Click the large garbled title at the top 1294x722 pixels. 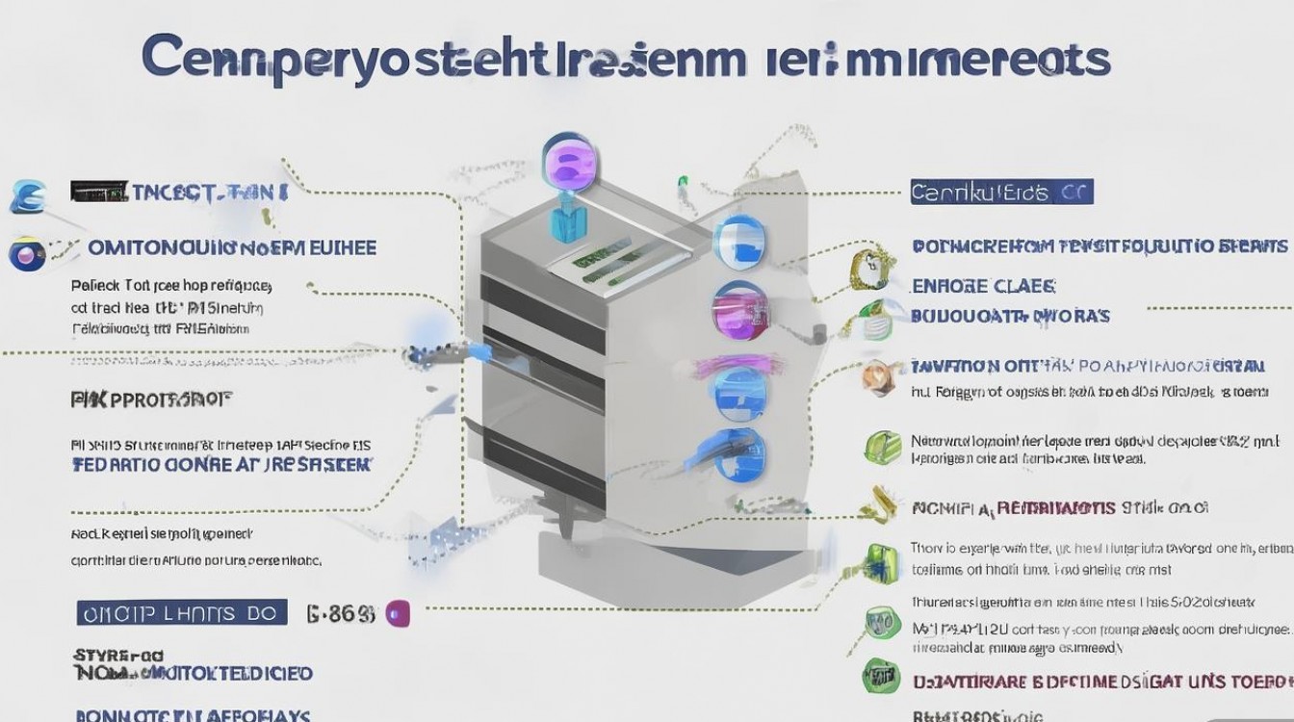tap(626, 58)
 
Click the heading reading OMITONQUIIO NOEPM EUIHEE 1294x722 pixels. tap(232, 247)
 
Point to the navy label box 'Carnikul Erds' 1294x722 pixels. tap(1001, 192)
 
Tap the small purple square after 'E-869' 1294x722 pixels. tap(398, 613)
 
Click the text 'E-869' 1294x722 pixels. tap(339, 613)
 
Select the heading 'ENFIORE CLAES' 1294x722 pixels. tap(983, 286)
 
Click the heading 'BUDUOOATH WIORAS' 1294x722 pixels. tap(1010, 315)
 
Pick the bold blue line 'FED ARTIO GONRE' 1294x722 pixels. tap(221, 464)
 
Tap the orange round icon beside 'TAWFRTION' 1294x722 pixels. tap(878, 377)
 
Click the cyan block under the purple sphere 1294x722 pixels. tap(563, 219)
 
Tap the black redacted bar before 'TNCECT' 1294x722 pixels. tap(98, 191)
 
